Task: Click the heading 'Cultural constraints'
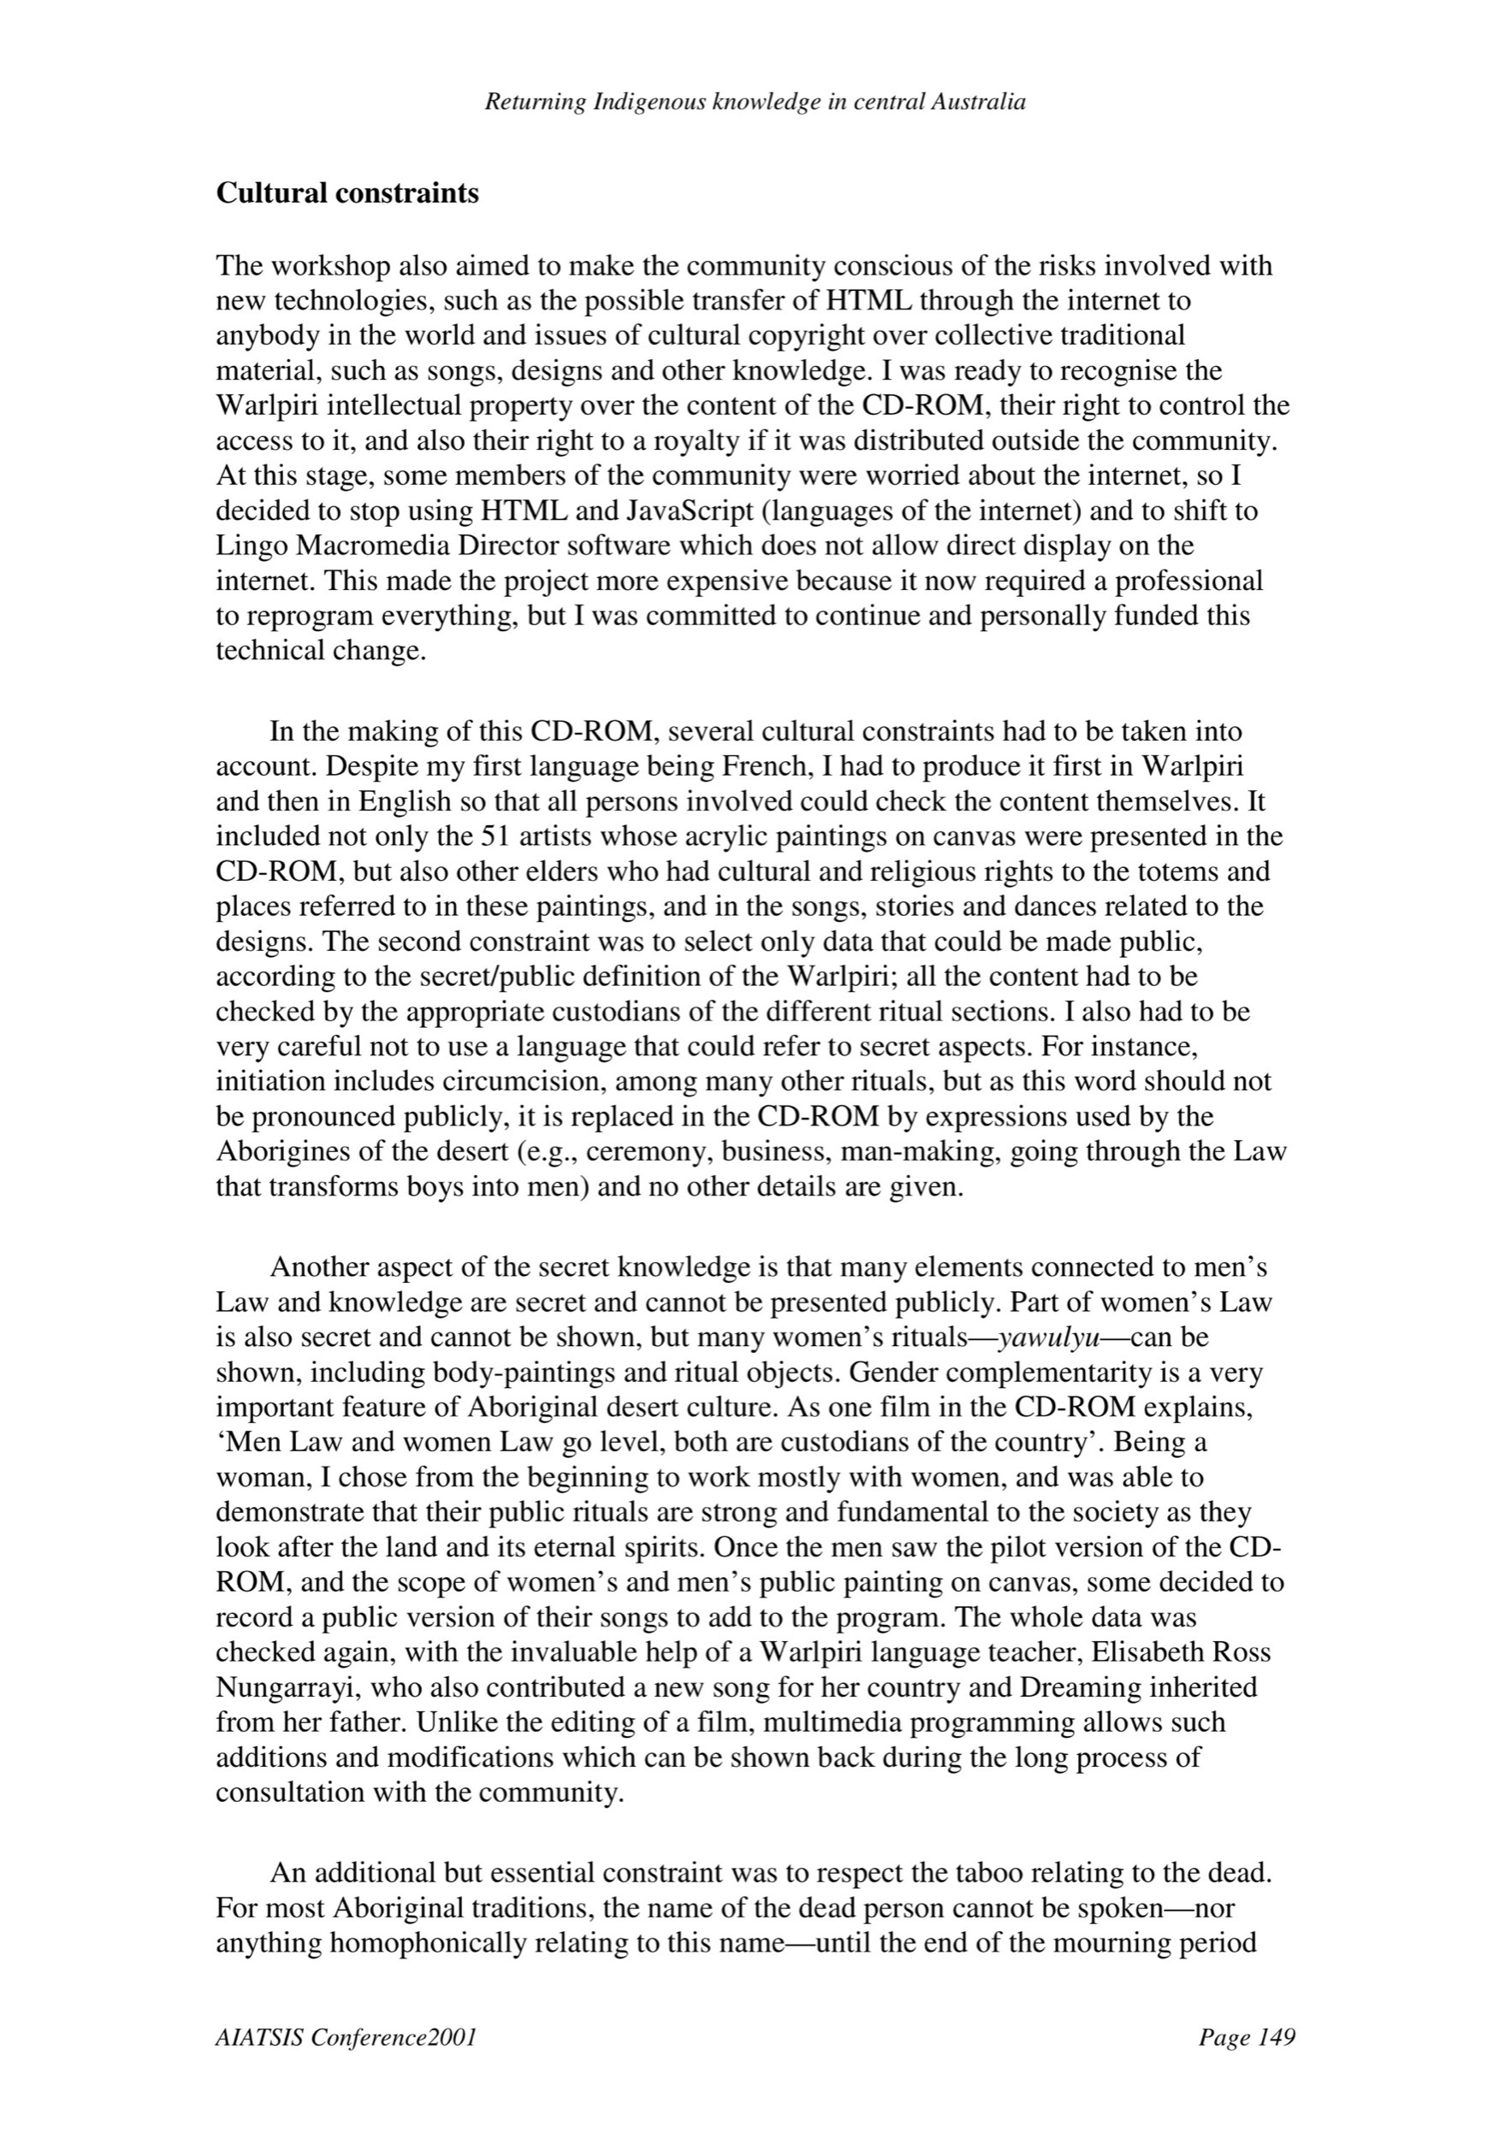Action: coord(347,193)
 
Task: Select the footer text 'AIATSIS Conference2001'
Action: coord(347,2038)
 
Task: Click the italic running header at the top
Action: coord(755,103)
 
